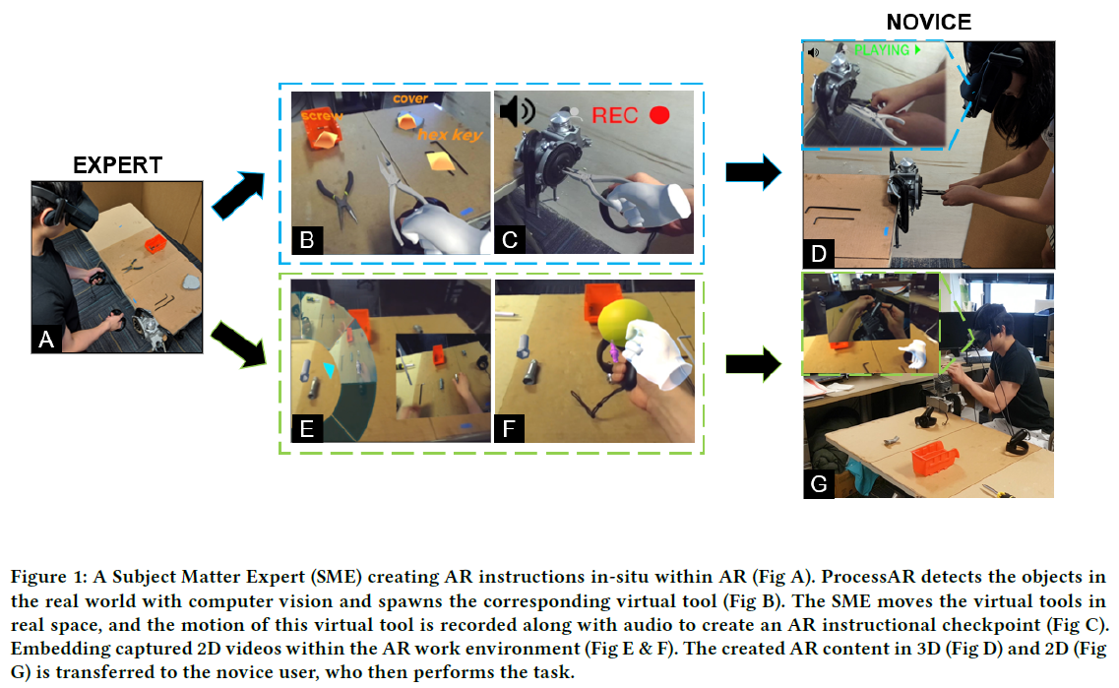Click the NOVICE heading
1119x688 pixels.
coord(929,22)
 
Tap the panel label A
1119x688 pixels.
coord(45,340)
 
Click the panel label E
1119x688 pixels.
coord(306,428)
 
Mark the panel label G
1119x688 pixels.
coord(819,484)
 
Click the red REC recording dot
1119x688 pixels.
coord(659,115)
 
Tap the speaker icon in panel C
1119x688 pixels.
coord(517,112)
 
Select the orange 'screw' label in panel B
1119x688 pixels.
coord(323,116)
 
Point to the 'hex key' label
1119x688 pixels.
coord(450,134)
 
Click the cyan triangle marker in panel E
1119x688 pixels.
coord(331,369)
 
